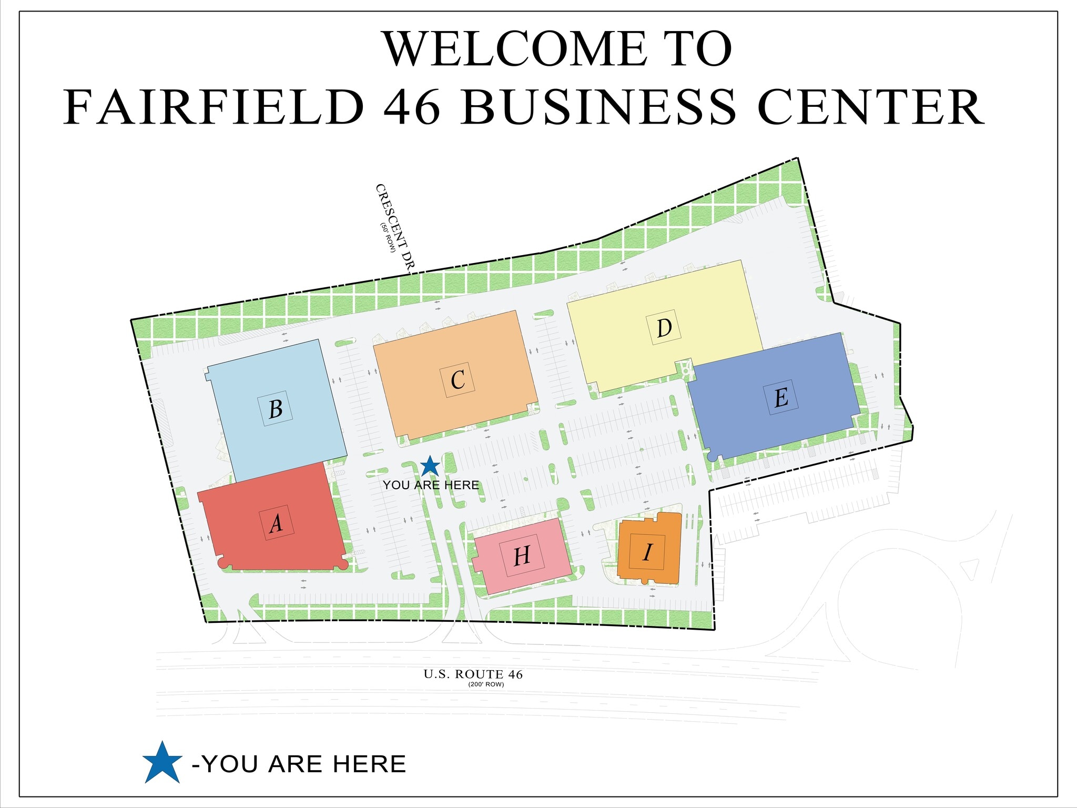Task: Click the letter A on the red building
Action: pyautogui.click(x=276, y=523)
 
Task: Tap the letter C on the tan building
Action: pyautogui.click(x=458, y=379)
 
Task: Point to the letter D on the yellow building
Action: pyautogui.click(x=665, y=328)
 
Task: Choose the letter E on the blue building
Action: pyautogui.click(x=781, y=397)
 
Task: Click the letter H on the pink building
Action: pyautogui.click(x=522, y=556)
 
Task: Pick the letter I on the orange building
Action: pyautogui.click(x=647, y=552)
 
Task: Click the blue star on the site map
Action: pyautogui.click(x=430, y=466)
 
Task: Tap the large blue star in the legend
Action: pyautogui.click(x=162, y=763)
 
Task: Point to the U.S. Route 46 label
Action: pyautogui.click(x=473, y=674)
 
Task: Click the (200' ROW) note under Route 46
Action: pyautogui.click(x=486, y=684)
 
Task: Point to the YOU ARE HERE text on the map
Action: pyautogui.click(x=431, y=485)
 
